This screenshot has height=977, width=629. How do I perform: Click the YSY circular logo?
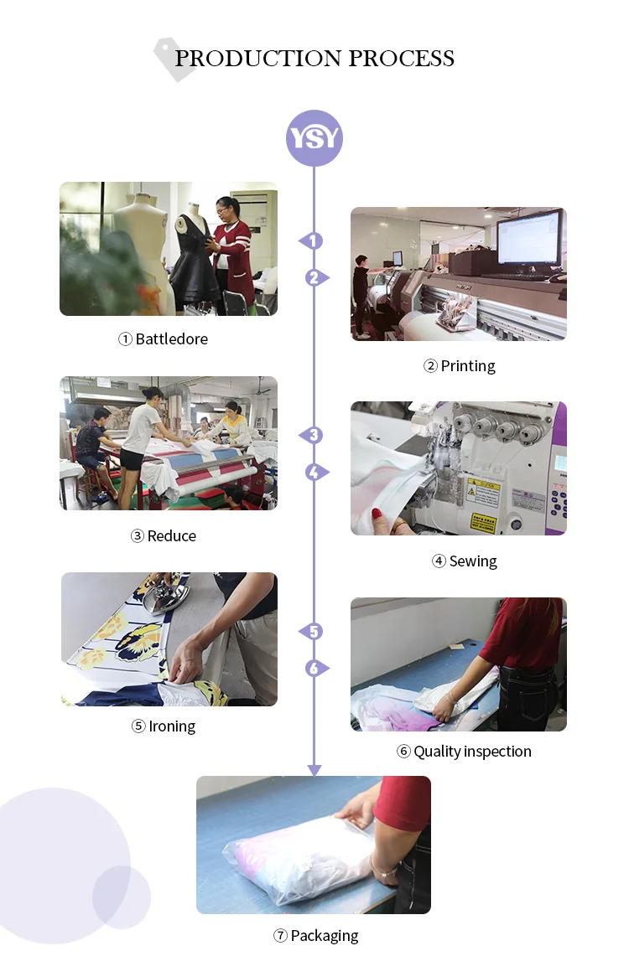(x=314, y=137)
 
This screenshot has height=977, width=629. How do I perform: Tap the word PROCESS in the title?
(x=401, y=59)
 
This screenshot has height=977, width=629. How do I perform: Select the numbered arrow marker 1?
(x=312, y=241)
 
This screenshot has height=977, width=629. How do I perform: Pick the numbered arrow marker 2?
(x=315, y=277)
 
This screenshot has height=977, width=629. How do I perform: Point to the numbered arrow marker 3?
(x=312, y=436)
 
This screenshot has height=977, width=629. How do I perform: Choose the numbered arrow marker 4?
(x=315, y=472)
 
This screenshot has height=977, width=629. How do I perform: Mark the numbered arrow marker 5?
(x=312, y=632)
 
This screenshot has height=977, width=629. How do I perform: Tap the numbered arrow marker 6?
(x=315, y=669)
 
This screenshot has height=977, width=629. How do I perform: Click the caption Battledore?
(x=171, y=339)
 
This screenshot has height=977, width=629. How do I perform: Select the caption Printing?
(x=467, y=366)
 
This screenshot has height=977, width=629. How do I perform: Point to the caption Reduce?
(x=171, y=536)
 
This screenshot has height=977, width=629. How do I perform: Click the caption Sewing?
(x=472, y=561)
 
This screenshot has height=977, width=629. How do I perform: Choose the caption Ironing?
(x=172, y=726)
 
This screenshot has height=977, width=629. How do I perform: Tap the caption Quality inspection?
(x=472, y=752)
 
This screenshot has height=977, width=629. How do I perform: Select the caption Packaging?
(x=324, y=936)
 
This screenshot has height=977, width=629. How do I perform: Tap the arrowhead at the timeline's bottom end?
(x=314, y=769)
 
